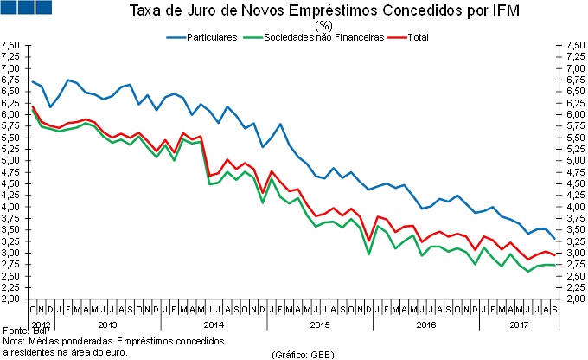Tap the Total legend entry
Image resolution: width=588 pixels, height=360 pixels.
[415, 37]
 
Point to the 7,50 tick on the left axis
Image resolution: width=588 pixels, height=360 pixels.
[10, 44]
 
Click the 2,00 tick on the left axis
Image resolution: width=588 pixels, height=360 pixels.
[10, 299]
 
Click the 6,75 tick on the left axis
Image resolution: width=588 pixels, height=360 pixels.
[10, 80]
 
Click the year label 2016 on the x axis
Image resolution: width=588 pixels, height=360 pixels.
[425, 325]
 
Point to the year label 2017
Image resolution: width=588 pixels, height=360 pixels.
[519, 325]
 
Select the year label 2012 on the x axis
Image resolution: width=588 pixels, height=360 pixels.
[41, 325]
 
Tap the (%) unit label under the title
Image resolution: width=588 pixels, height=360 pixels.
[294, 25]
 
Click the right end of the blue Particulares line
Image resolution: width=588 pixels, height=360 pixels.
[553, 238]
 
